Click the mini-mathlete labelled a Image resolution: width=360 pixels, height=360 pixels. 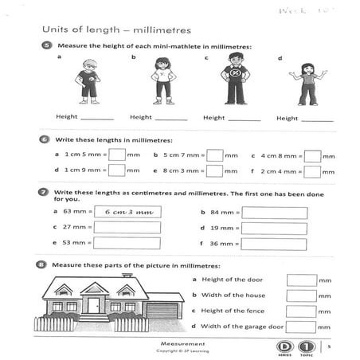tap(87, 83)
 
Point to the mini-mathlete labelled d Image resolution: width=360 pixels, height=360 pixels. tap(307, 83)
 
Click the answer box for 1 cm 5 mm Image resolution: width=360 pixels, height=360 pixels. tap(116, 155)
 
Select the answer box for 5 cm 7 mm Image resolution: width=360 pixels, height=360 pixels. tap(214, 155)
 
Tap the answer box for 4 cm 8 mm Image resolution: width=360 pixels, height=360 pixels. tap(312, 155)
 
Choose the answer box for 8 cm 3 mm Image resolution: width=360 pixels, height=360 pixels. tap(214, 170)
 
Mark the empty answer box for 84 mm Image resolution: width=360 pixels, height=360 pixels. tap(274, 213)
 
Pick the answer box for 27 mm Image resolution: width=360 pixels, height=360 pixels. tap(127, 228)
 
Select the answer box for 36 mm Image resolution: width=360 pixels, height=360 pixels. tap(274, 244)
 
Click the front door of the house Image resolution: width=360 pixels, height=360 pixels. tap(94, 306)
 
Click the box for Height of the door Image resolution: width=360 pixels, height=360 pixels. tap(301, 280)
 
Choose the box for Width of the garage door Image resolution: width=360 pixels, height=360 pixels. tap(301, 327)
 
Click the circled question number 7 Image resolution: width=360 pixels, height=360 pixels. tap(45, 192)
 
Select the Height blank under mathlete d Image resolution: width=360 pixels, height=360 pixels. tap(318, 118)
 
